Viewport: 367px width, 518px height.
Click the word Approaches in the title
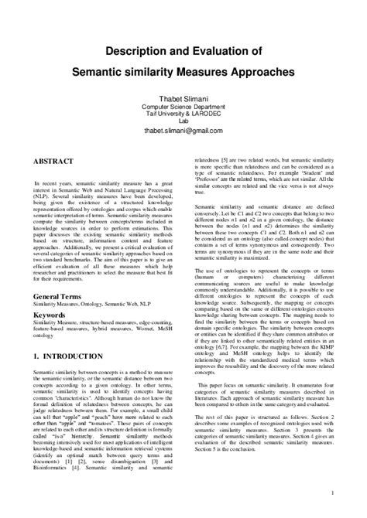261,71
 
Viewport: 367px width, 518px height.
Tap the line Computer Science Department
183,105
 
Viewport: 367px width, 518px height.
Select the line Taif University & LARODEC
183,113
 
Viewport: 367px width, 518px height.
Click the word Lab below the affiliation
183,121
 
